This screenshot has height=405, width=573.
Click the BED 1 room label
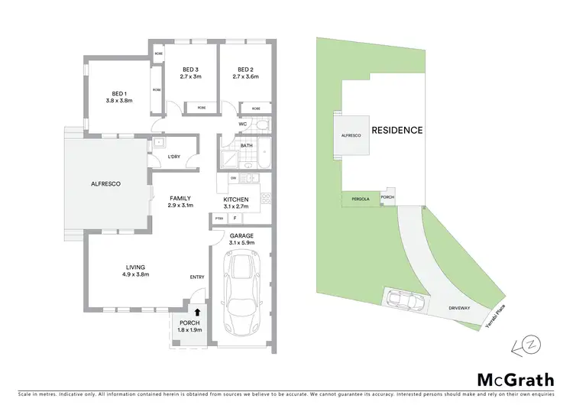[x=119, y=94]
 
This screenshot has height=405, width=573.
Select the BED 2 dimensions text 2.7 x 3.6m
[x=246, y=76]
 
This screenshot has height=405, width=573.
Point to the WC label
[x=241, y=123]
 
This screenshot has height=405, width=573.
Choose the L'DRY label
[x=173, y=157]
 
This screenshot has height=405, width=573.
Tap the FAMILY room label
[x=180, y=198]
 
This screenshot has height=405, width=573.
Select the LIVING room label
[x=137, y=267]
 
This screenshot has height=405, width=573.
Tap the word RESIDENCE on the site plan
[x=397, y=130]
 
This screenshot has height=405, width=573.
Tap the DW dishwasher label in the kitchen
[x=234, y=178]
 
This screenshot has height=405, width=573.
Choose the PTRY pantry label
[x=219, y=218]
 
